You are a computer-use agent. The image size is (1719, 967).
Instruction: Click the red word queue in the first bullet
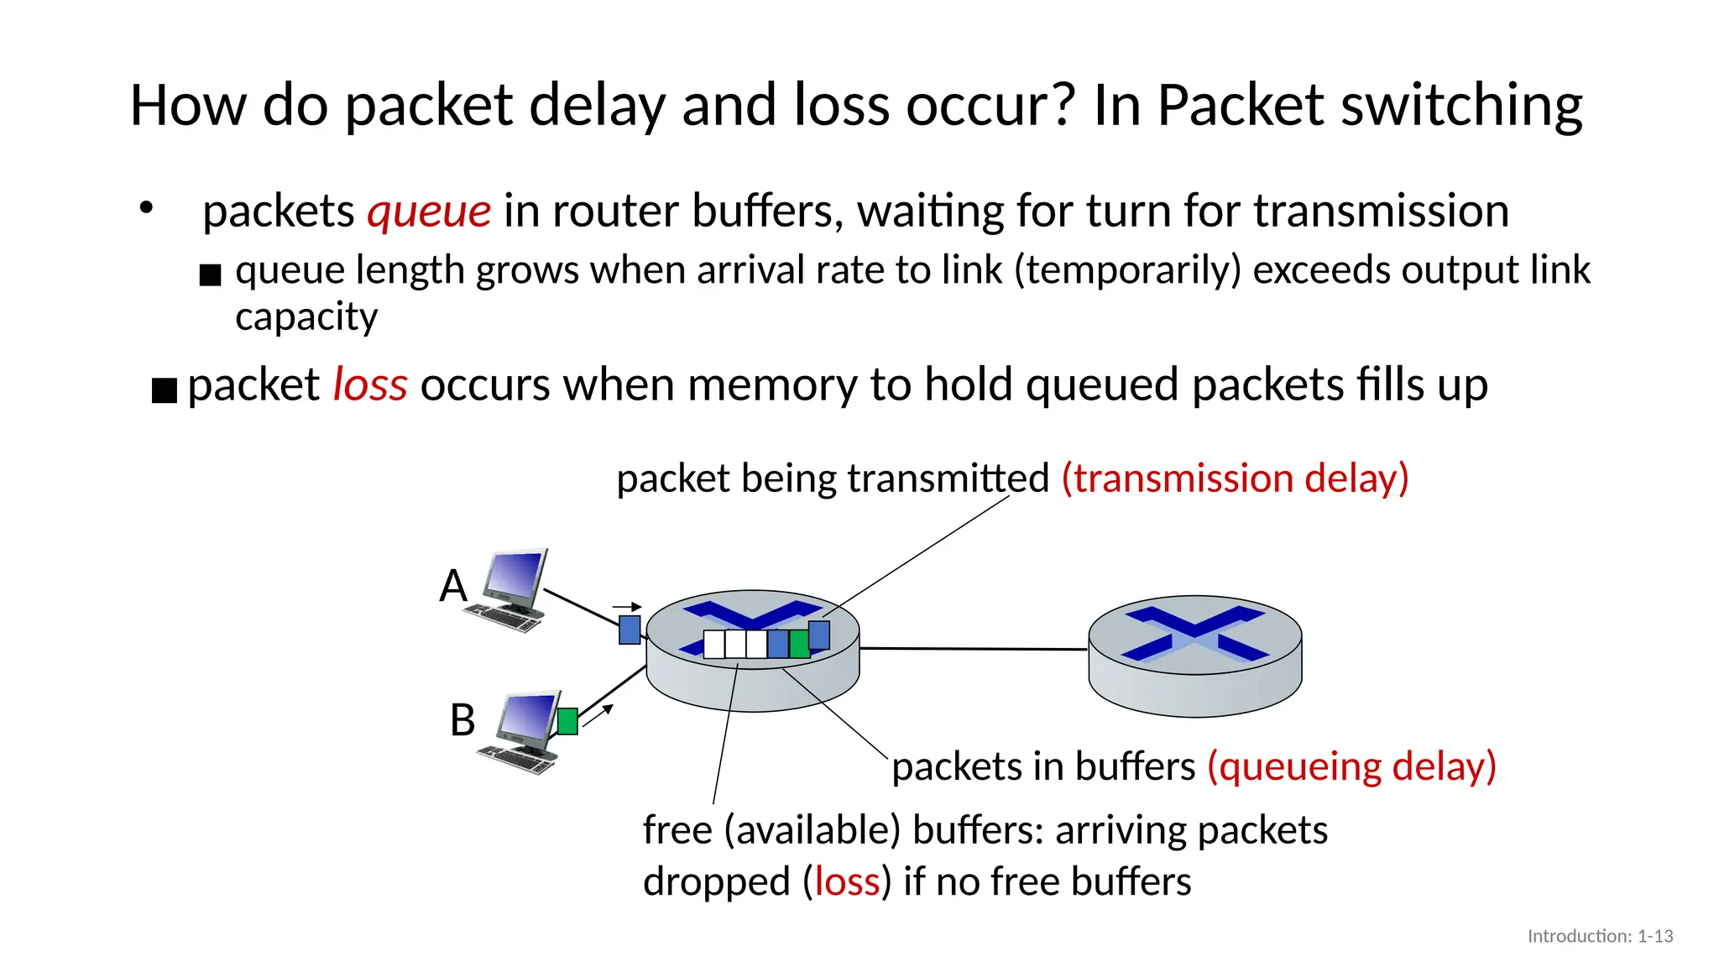[429, 212]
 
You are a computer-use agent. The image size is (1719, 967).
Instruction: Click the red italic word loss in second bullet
[370, 385]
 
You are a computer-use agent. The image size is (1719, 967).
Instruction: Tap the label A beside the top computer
[453, 585]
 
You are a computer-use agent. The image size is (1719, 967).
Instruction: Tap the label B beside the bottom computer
[462, 720]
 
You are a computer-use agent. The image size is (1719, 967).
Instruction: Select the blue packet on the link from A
[630, 630]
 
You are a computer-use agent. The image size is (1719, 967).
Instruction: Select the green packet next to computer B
[567, 721]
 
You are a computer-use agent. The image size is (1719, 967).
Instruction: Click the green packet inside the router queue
[799, 644]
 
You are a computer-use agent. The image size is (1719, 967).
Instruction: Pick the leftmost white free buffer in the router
[713, 644]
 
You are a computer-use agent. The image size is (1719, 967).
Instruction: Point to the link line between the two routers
[974, 649]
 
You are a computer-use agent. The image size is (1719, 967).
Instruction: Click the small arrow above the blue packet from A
[627, 607]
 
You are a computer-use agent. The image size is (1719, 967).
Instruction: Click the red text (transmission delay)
[1235, 478]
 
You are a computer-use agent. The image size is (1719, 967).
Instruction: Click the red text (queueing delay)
[1351, 766]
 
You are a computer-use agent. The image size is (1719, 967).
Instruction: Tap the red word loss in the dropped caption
[847, 882]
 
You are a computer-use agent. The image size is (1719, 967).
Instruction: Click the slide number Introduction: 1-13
[1600, 936]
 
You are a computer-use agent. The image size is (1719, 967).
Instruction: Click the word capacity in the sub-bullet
[306, 316]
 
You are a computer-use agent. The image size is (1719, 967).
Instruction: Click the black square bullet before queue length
[210, 274]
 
